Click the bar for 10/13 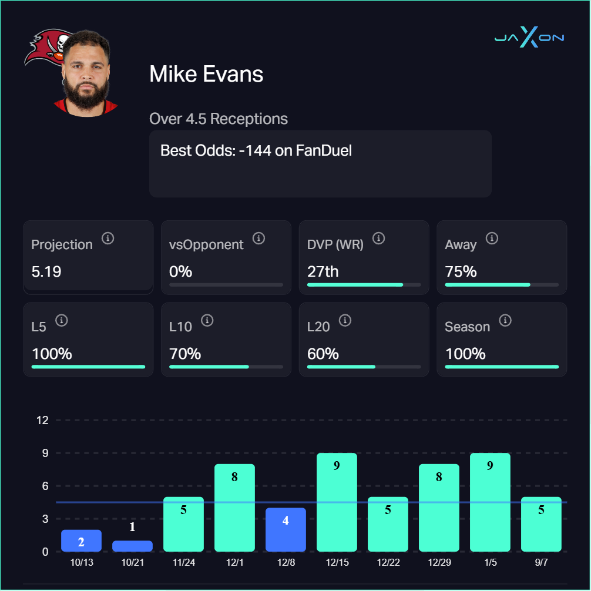coord(81,540)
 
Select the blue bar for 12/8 coord(286,529)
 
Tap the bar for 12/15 coord(337,502)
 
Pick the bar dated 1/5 coord(490,502)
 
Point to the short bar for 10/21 coord(132,546)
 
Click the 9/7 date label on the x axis coord(541,562)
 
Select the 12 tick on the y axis coord(42,420)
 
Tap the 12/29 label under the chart coord(439,562)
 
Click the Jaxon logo coord(529,38)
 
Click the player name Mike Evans coord(206,75)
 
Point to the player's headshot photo coord(86,73)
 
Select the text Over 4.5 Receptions coord(219,119)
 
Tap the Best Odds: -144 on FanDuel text coord(256,150)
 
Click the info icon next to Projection coord(108,238)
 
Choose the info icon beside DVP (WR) coord(379,238)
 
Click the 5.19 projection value coord(46,271)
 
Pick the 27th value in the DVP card coord(323,271)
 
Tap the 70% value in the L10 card coord(185,354)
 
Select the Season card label coord(467,327)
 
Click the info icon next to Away coord(492,238)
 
